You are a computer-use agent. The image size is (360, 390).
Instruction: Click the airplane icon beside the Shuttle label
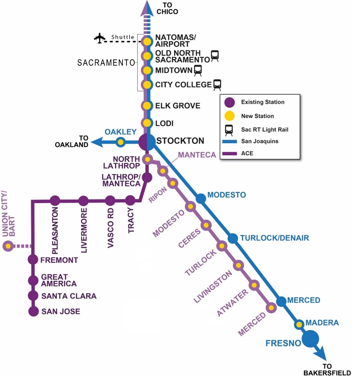pyautogui.click(x=99, y=38)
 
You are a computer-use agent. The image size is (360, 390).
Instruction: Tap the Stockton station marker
pyautogui.click(x=147, y=142)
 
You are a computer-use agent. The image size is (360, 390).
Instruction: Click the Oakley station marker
pyautogui.click(x=120, y=142)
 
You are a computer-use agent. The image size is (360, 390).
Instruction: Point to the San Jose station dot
pyautogui.click(x=33, y=311)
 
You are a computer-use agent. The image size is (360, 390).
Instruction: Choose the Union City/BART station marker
pyautogui.click(x=8, y=246)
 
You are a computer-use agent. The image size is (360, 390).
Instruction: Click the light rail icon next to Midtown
pyautogui.click(x=198, y=71)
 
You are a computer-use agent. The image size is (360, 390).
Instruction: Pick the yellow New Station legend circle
pyautogui.click(x=229, y=116)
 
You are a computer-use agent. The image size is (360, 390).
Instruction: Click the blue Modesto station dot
pyautogui.click(x=201, y=198)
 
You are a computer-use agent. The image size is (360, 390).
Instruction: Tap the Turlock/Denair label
pyautogui.click(x=274, y=238)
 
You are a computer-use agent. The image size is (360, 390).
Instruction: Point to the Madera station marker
pyautogui.click(x=299, y=324)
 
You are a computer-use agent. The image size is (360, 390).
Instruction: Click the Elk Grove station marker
pyautogui.click(x=147, y=106)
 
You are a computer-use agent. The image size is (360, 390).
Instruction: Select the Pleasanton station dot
pyautogui.click(x=55, y=200)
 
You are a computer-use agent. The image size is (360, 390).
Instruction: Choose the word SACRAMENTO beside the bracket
pyautogui.click(x=106, y=63)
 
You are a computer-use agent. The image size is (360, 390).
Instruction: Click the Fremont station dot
pyautogui.click(x=33, y=260)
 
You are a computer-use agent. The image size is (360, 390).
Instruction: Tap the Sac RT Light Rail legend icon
pyautogui.click(x=229, y=129)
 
